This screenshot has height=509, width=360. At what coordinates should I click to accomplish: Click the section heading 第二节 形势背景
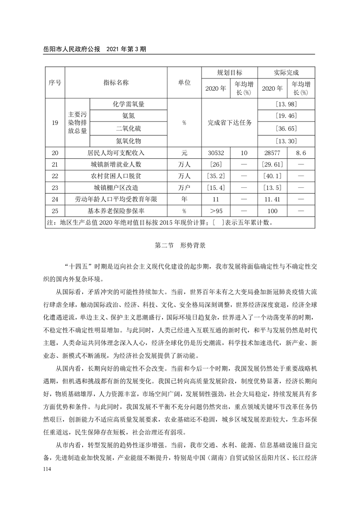pos(180,246)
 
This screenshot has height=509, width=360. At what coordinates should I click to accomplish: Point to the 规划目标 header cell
pos(229,73)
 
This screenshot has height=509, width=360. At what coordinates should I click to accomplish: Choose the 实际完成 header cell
pos(286,73)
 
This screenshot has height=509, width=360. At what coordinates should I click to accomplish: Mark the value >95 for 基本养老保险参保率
pos(215,211)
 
